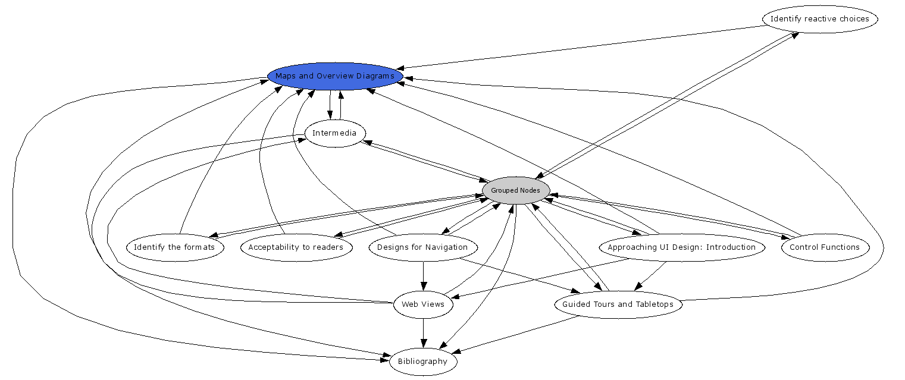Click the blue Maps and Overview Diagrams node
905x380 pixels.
click(335, 76)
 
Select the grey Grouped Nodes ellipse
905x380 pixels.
click(516, 190)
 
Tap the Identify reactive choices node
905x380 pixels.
click(819, 19)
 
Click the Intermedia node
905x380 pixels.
click(334, 133)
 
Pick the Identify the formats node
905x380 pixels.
click(174, 247)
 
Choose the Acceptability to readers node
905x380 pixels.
click(296, 247)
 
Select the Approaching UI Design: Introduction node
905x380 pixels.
click(681, 247)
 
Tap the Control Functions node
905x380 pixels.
click(824, 247)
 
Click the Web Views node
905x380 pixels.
click(422, 304)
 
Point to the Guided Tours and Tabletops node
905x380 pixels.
click(618, 304)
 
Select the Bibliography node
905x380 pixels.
click(422, 362)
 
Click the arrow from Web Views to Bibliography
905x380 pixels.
click(423, 333)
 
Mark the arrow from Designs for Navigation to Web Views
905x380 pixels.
click(423, 276)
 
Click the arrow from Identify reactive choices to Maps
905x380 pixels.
click(583, 48)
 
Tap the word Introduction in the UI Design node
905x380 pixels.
click(729, 247)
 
